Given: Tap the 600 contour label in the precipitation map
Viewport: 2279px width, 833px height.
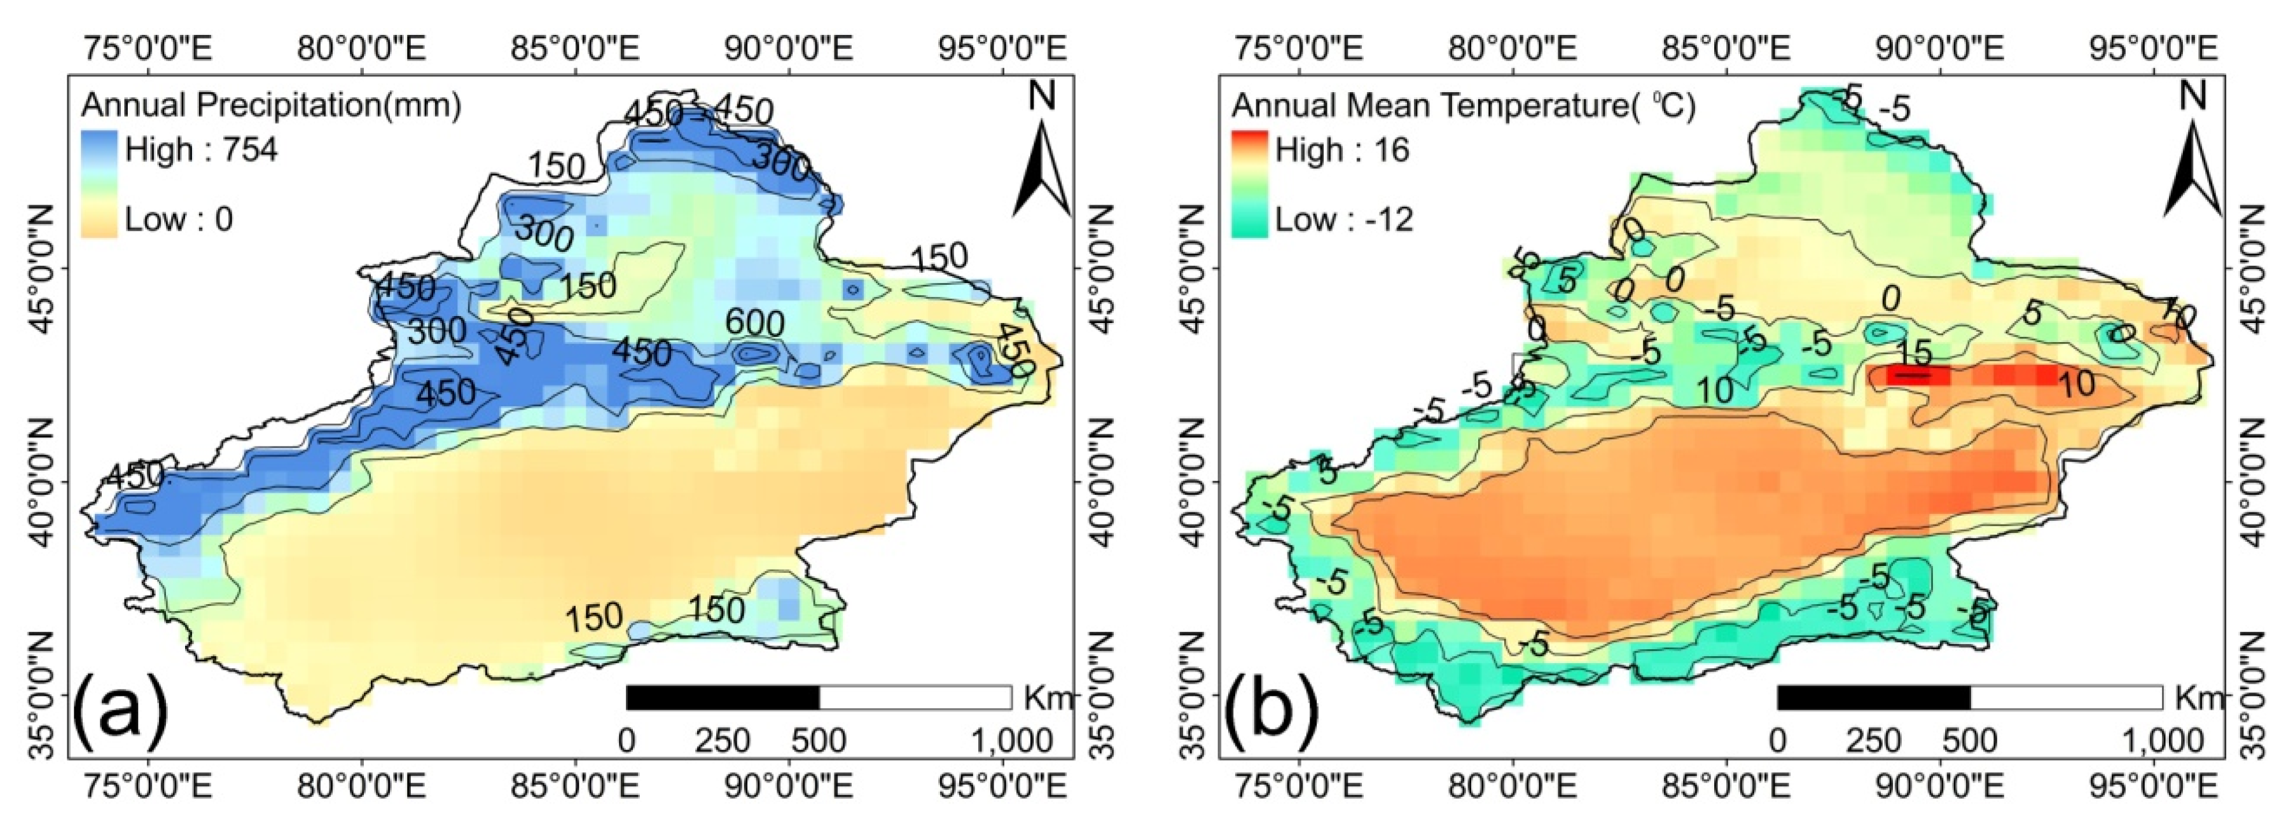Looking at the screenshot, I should coord(754,324).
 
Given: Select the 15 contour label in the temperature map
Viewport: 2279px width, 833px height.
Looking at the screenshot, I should coord(1914,353).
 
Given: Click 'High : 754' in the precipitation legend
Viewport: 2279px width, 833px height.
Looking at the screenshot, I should coord(201,149).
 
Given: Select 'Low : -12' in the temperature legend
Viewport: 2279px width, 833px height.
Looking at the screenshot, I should coord(1344,218).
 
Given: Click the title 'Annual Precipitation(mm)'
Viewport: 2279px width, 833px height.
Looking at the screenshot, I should coord(271,105).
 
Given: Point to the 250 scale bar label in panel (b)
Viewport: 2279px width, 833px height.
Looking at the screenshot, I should coord(1874,740).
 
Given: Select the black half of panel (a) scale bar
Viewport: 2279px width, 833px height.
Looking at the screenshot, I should coord(722,698).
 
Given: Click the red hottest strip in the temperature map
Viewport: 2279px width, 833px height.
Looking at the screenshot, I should coord(1920,375).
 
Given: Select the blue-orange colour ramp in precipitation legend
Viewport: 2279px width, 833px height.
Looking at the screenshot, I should coord(98,183).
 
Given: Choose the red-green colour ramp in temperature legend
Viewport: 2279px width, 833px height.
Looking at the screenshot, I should coord(1249,183).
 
